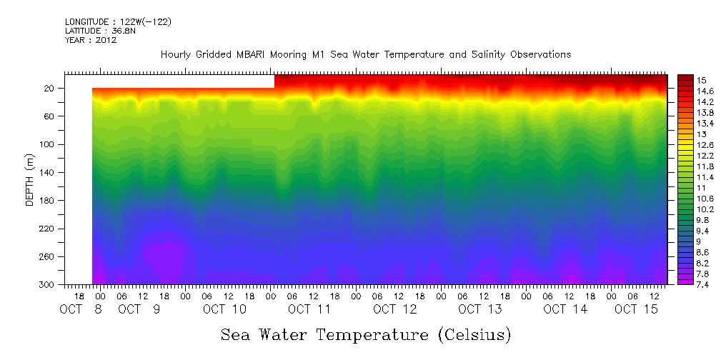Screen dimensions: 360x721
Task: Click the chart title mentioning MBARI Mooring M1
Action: (x=366, y=55)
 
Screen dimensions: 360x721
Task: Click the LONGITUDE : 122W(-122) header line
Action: (x=118, y=22)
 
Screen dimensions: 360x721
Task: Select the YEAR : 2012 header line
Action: (x=91, y=40)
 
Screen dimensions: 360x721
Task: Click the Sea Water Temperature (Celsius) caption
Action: (x=366, y=334)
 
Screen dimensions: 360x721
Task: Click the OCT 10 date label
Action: (x=224, y=309)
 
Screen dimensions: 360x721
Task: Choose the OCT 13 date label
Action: (x=480, y=309)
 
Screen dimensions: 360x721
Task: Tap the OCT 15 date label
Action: (x=636, y=309)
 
